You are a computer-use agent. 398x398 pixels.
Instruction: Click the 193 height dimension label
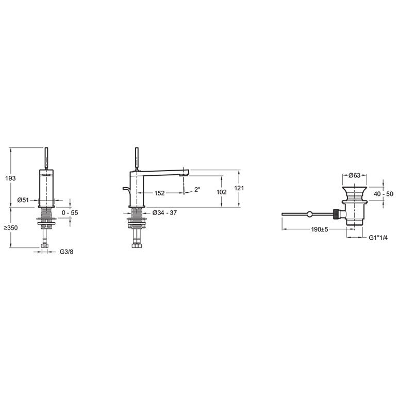coord(10,178)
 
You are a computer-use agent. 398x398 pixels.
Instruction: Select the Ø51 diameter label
coord(23,200)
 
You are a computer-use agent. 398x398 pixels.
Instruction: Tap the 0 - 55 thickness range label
coord(70,213)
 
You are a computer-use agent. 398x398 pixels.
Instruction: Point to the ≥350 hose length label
coord(11,228)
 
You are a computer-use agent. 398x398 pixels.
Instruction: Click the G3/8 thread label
coord(67,252)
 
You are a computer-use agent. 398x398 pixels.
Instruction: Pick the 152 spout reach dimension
coord(159,193)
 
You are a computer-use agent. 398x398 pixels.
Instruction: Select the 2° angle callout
coord(197,189)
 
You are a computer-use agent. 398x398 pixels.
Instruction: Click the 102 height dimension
coord(222,192)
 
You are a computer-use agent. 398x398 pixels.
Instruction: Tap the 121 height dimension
coord(239,188)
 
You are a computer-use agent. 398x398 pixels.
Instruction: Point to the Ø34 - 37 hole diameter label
coord(164,213)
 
